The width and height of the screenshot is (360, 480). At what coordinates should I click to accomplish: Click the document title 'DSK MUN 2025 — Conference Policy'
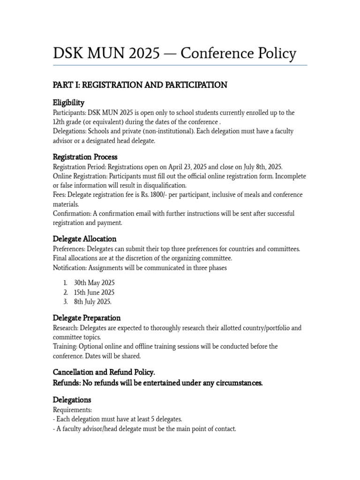click(174, 53)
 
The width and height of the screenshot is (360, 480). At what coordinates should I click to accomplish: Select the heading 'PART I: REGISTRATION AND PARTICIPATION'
click(140, 85)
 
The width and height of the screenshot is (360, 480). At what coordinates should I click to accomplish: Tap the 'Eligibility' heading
click(68, 103)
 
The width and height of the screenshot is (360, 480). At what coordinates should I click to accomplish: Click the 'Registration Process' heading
click(85, 157)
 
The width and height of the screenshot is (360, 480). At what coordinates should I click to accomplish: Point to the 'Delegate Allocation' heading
click(84, 239)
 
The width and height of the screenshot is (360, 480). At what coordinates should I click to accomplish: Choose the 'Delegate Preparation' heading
click(87, 317)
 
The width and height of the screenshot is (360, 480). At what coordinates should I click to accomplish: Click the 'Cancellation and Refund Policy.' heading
click(104, 372)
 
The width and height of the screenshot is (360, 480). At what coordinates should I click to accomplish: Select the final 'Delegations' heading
click(72, 399)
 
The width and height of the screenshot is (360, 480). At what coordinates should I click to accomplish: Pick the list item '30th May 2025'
click(94, 283)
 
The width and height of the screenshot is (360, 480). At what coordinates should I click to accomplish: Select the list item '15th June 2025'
click(94, 292)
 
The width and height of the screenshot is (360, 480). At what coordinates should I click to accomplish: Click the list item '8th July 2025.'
click(93, 301)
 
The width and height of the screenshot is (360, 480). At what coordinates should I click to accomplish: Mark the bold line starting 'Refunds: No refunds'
click(157, 383)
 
